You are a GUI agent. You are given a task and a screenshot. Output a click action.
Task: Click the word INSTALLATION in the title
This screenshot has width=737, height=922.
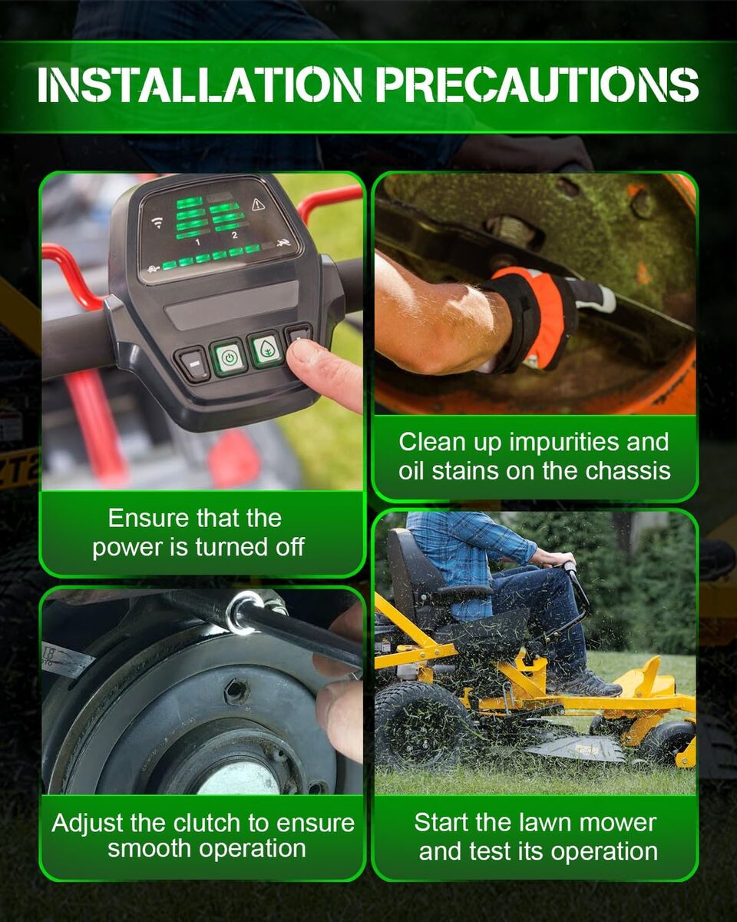pyautogui.click(x=200, y=85)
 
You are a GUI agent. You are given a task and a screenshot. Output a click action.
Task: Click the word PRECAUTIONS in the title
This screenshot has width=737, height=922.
pyautogui.click(x=537, y=85)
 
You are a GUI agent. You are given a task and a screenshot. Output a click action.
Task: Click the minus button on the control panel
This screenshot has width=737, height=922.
pyautogui.click(x=194, y=364)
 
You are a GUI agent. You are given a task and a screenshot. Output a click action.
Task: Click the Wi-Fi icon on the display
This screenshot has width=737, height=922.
pyautogui.click(x=158, y=222)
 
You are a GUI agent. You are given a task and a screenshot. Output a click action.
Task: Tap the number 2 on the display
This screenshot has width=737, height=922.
pyautogui.click(x=234, y=235)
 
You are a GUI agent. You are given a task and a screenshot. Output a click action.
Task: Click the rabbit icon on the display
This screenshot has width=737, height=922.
pyautogui.click(x=283, y=244)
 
